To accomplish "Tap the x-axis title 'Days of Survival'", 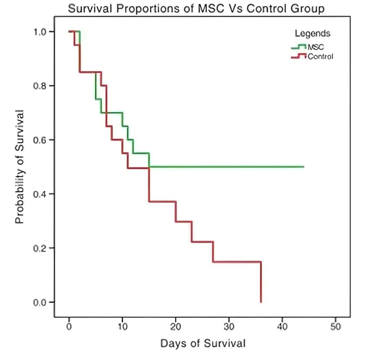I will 203,343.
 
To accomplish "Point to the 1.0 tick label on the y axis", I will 40,32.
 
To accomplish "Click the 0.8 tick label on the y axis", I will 40,86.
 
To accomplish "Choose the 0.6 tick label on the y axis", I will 40,140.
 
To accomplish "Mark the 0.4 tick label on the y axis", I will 40,194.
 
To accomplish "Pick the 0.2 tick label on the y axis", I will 40,248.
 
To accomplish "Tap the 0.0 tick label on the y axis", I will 40,302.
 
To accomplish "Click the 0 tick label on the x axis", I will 69,327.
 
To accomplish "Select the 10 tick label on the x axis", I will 122,327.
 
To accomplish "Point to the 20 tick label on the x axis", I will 175,327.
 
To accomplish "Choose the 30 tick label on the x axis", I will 229,327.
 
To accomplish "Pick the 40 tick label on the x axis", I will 282,327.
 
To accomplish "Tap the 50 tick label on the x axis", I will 336,327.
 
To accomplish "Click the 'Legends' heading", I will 312,33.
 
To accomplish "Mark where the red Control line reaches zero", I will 261,302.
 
